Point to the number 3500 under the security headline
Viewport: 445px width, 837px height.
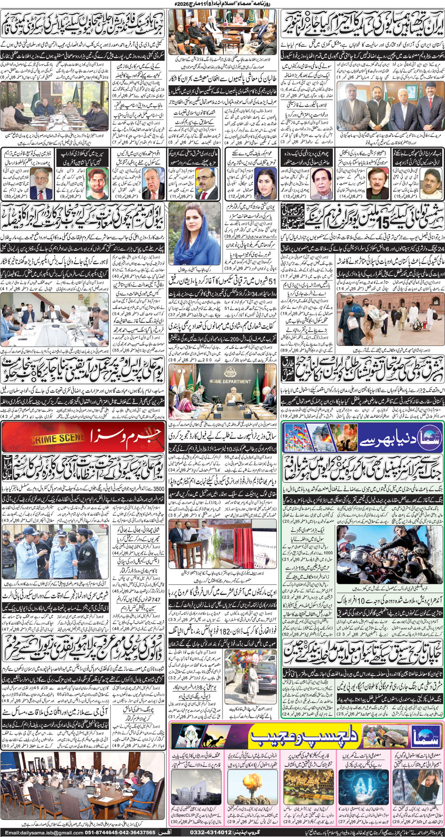(159, 488)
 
